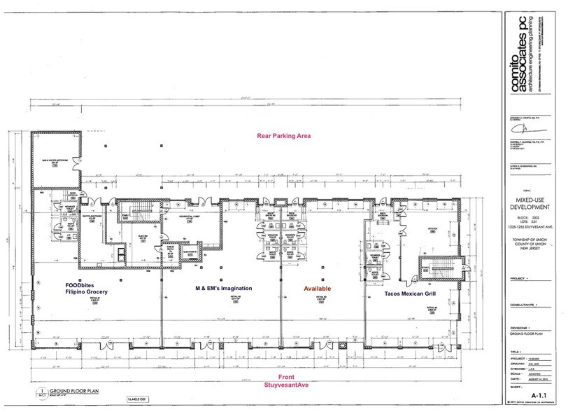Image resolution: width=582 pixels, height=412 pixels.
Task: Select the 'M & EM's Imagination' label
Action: point(222,288)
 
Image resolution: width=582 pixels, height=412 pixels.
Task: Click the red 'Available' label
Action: point(317,288)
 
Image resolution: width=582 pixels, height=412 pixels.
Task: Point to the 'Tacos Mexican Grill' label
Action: point(412,295)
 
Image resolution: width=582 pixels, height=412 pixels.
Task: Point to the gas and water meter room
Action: point(57,160)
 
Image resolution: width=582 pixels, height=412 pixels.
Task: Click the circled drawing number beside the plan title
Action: point(42,394)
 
